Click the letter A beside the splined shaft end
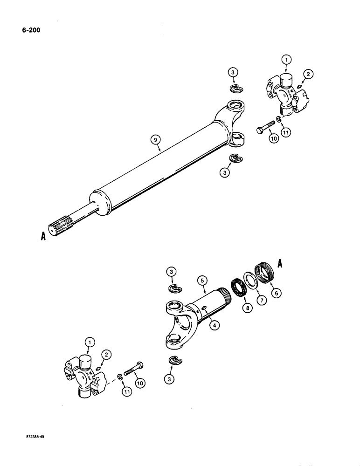tap(42, 237)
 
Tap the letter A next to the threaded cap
tap(281, 263)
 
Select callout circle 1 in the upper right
tap(286, 60)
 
